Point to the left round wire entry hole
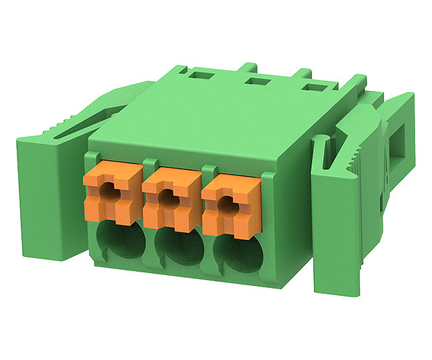tap(121, 241)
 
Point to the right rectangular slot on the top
tap(316, 86)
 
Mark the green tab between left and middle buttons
tap(149, 163)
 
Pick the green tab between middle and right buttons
tap(208, 171)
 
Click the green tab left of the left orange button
tap(93, 156)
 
